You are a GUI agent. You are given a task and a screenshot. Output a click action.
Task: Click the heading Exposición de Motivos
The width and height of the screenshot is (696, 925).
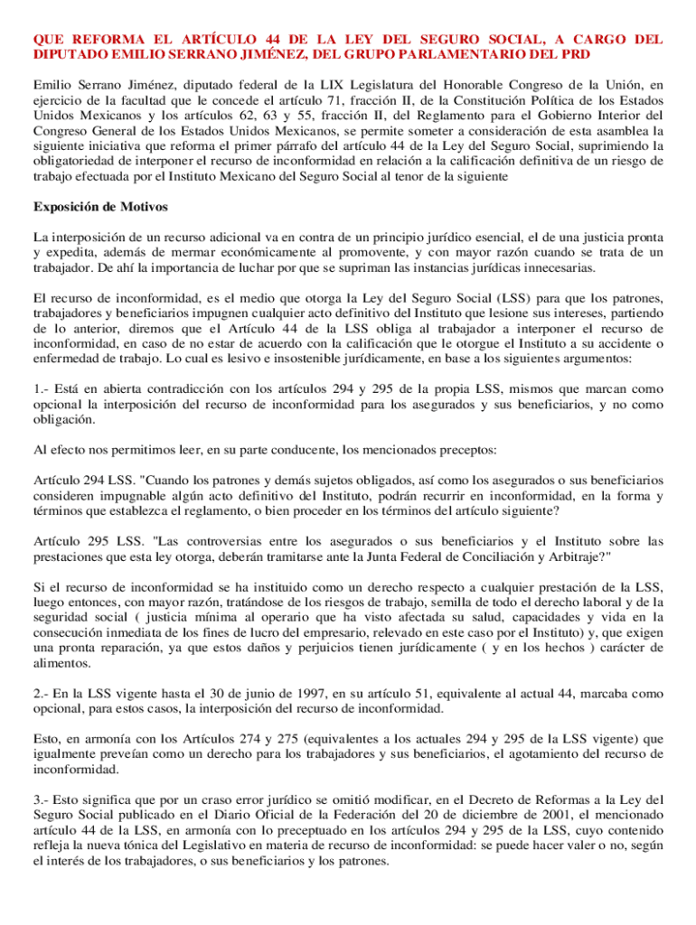(100, 207)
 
